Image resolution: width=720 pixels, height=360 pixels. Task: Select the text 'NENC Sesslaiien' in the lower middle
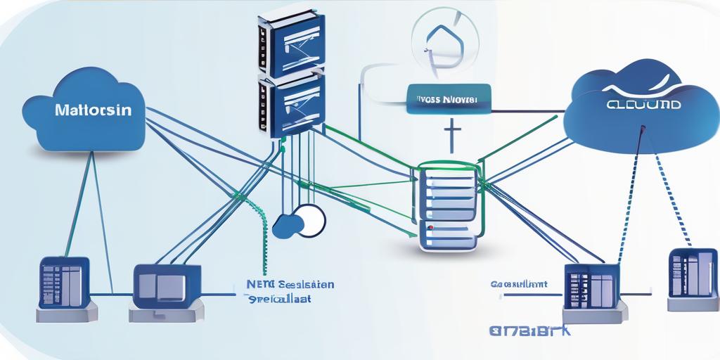click(x=290, y=285)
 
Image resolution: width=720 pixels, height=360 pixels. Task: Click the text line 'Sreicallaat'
click(x=281, y=299)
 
